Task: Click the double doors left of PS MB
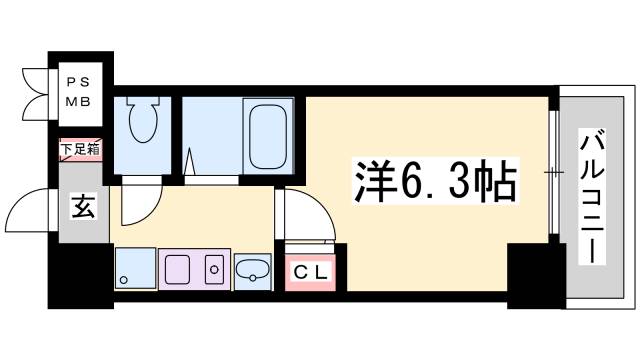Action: point(35,89)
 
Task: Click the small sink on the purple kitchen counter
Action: point(211,269)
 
